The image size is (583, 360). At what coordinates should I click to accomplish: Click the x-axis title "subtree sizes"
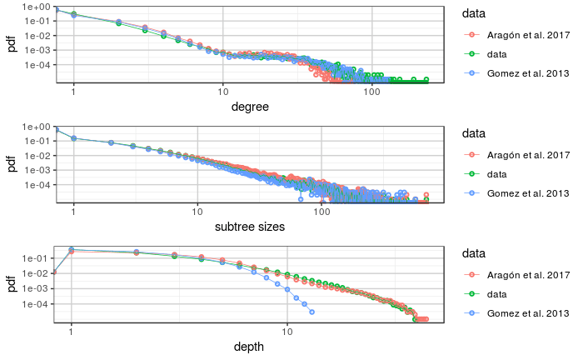(x=250, y=226)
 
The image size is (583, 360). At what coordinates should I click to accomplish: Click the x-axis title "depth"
(x=250, y=346)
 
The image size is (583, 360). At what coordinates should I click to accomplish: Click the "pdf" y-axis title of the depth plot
(x=11, y=284)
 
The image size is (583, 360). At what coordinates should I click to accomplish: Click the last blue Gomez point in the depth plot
(x=311, y=312)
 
